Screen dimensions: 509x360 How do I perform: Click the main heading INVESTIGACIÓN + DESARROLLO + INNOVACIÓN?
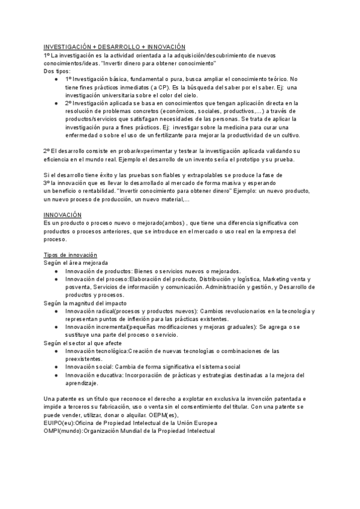[x=115, y=47]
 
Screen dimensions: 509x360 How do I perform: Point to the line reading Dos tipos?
[x=57, y=71]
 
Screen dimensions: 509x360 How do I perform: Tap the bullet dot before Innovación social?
[x=56, y=366]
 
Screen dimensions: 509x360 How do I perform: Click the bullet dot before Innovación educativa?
[x=56, y=375]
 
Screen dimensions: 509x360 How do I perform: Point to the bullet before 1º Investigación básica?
[x=56, y=79]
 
